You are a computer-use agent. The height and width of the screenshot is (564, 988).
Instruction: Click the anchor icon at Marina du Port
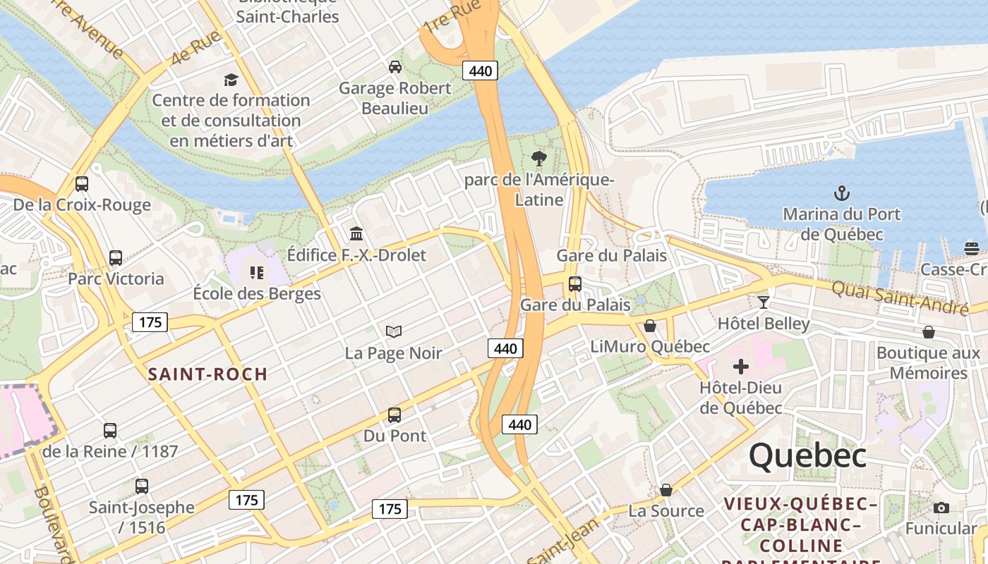coord(841,192)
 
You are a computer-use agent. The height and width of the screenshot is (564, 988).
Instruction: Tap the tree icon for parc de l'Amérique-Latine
coord(539,158)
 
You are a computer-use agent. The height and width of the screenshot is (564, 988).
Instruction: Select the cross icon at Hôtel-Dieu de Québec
coord(740,367)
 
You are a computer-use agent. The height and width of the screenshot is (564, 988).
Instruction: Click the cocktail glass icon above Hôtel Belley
coord(763,302)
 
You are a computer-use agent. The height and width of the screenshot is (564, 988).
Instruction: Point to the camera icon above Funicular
coord(941,508)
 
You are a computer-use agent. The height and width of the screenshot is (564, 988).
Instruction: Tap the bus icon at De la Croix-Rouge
coord(82,184)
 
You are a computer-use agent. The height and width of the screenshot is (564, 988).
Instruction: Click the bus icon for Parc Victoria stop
coord(116,258)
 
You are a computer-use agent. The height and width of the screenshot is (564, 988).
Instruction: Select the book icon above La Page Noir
coord(393,331)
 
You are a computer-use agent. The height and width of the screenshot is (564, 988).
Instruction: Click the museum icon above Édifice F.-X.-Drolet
coord(356,233)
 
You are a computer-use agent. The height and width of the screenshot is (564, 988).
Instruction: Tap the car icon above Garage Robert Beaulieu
coord(395,67)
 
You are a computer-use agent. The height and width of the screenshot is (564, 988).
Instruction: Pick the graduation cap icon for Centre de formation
coord(231,79)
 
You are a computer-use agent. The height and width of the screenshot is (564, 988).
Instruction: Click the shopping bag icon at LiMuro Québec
coord(649,326)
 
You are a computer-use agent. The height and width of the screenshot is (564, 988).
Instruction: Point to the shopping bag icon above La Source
coord(665,490)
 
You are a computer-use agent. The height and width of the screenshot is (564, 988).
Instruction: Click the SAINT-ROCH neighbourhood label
coord(207,374)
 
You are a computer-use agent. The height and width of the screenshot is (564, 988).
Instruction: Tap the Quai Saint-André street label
coord(899,298)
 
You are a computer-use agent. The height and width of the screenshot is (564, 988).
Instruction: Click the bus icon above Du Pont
coord(394,415)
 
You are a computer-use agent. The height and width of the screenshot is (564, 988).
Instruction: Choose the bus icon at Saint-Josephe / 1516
coord(142,486)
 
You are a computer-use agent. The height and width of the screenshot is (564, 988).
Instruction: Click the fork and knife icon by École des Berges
coord(256,272)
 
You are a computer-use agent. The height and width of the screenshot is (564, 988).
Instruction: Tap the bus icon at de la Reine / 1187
coord(110,431)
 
